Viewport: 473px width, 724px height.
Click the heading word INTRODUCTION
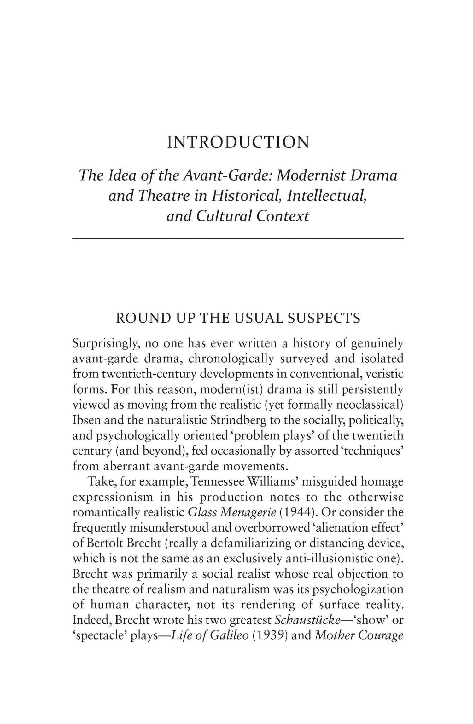pos(238,143)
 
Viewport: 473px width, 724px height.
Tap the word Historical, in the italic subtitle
pos(248,196)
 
